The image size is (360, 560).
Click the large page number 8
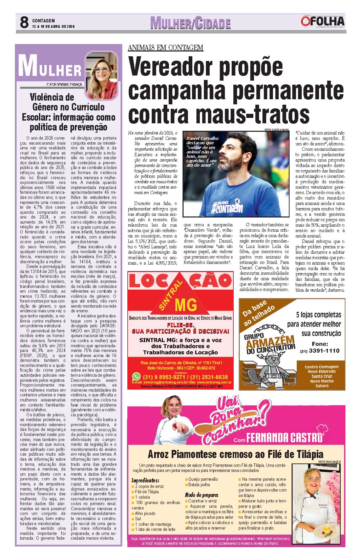24,22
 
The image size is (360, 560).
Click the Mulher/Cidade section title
190,23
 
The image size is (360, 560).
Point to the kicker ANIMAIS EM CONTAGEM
165,47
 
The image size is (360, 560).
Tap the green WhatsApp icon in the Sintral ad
136,376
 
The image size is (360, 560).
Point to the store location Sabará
321,386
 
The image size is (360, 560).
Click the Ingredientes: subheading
145,480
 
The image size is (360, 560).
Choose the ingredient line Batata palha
199,484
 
